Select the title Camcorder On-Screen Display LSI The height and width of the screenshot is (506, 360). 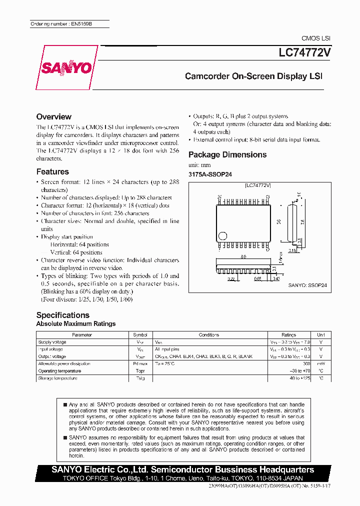(x=253, y=76)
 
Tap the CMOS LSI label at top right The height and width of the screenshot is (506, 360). (x=315, y=38)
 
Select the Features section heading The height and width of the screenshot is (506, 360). (x=52, y=171)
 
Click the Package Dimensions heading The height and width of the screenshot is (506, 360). (x=227, y=154)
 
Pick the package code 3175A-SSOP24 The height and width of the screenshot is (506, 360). (x=210, y=174)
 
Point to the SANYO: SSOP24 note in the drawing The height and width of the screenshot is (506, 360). (x=307, y=285)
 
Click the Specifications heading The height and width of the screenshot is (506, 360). (x=63, y=315)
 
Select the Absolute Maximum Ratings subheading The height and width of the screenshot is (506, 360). (x=76, y=324)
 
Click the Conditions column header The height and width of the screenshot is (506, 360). (x=209, y=335)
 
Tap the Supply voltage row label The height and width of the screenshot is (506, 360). (x=52, y=342)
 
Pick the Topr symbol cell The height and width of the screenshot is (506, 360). (x=140, y=371)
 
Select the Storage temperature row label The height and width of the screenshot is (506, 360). (x=57, y=378)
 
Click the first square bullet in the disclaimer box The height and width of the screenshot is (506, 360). (x=65, y=404)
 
